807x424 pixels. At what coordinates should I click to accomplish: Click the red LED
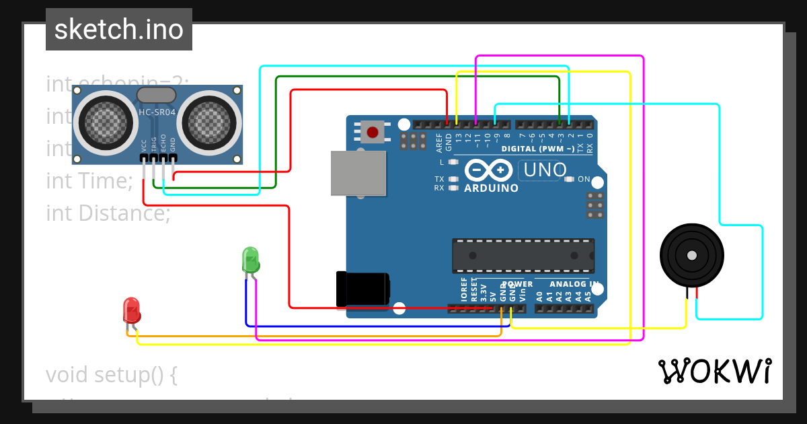pyautogui.click(x=132, y=310)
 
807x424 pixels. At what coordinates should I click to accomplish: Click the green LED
pyautogui.click(x=250, y=259)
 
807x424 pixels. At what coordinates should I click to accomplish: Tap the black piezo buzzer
pyautogui.click(x=692, y=255)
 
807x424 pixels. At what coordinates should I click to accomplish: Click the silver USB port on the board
pyautogui.click(x=358, y=173)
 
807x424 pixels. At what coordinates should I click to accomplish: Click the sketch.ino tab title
pyautogui.click(x=119, y=30)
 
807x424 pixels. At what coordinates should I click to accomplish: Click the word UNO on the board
pyautogui.click(x=545, y=170)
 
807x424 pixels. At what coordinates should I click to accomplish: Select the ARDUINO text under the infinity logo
pyautogui.click(x=491, y=188)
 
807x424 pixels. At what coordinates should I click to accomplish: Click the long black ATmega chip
pyautogui.click(x=523, y=256)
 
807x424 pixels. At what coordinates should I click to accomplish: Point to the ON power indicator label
pyautogui.click(x=584, y=179)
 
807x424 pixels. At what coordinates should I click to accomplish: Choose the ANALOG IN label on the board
pyautogui.click(x=569, y=284)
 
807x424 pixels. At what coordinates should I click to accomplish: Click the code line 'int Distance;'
pyautogui.click(x=108, y=213)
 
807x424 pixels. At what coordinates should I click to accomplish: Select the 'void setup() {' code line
pyautogui.click(x=112, y=375)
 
